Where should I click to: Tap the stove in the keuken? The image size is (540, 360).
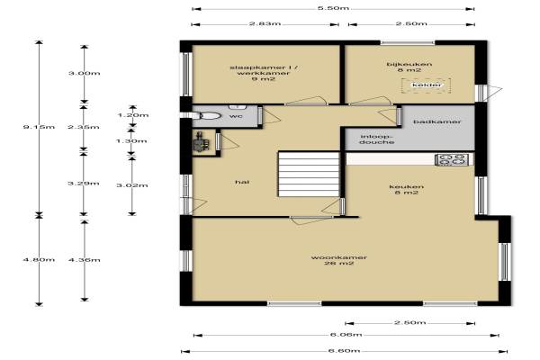452,160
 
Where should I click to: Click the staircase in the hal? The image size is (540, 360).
309,174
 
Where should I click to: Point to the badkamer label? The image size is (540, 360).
437,121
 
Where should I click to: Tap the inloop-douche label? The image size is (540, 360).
377,139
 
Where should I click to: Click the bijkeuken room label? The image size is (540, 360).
409,67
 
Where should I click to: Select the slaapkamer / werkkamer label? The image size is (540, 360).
264,73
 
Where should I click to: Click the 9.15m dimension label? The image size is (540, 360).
39,127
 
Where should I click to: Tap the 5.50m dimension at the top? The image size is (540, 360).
333,8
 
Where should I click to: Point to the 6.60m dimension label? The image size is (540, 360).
344,351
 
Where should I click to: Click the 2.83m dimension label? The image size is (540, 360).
265,23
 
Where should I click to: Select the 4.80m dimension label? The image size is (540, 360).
39,259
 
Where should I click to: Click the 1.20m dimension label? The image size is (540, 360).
133,114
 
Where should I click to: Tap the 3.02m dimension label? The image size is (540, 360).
132,185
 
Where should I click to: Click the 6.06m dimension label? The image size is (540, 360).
346,335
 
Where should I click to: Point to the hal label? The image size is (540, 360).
242,182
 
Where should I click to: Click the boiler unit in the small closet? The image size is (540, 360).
201,142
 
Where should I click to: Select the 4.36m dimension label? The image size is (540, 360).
85,259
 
